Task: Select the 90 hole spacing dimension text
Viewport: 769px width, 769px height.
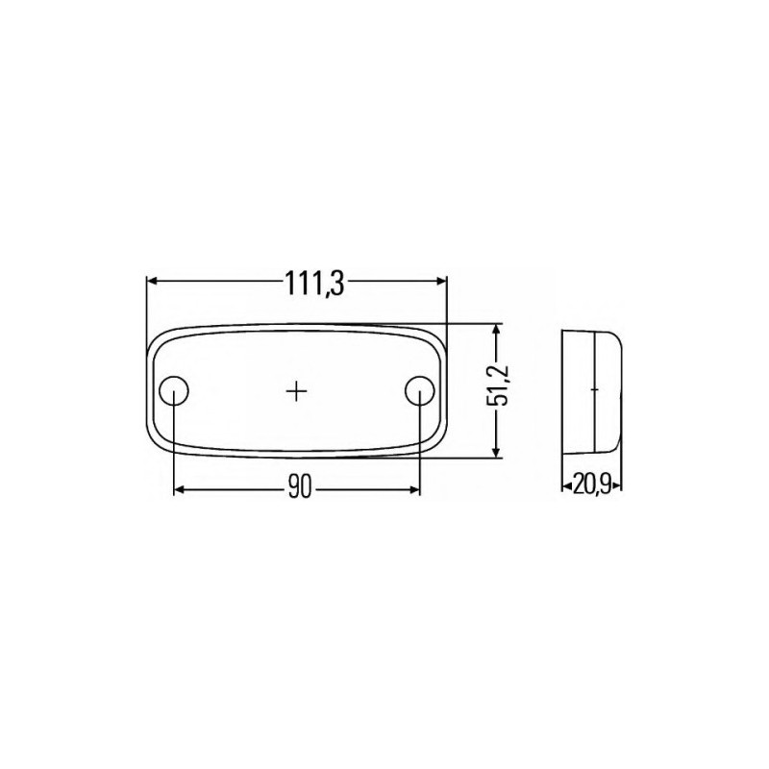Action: (x=298, y=489)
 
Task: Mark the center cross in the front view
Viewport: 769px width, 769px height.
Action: (x=298, y=390)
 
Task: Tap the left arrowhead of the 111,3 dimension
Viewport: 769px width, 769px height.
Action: (x=153, y=281)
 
